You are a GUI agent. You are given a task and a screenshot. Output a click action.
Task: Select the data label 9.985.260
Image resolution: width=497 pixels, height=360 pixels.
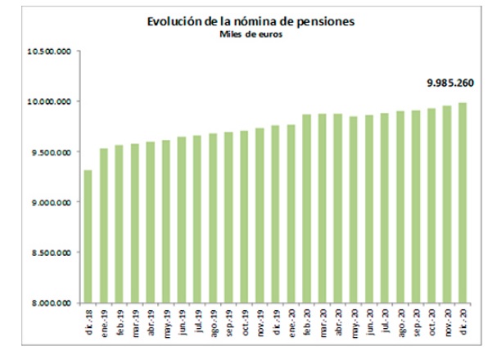click(x=447, y=83)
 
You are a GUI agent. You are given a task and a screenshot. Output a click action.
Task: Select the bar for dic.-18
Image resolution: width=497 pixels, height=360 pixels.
click(x=88, y=236)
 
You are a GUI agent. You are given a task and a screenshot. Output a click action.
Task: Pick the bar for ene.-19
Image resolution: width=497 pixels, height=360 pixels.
click(x=104, y=225)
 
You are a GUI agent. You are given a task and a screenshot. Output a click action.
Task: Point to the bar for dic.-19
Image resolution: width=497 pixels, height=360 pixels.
click(x=275, y=214)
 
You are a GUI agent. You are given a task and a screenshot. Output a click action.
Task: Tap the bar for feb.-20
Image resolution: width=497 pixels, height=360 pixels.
click(x=306, y=208)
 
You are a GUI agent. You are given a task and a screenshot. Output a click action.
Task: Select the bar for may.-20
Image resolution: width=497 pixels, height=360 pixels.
click(x=353, y=209)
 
